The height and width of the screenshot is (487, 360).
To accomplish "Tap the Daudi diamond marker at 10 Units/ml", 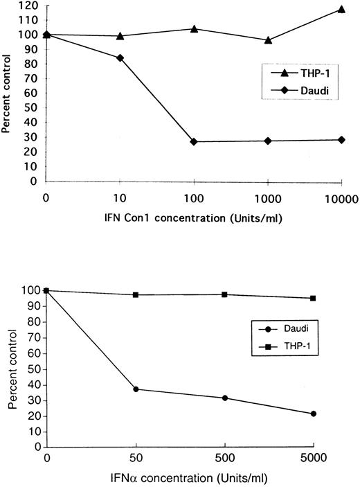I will click(120, 57).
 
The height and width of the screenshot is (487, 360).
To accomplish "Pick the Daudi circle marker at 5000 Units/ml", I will click(314, 414).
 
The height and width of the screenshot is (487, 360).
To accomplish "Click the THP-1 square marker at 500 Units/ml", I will click(224, 294).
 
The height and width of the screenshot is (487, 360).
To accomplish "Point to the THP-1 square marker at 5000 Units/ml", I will click(314, 298).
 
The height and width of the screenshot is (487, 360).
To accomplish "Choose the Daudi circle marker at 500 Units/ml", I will click(224, 398).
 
